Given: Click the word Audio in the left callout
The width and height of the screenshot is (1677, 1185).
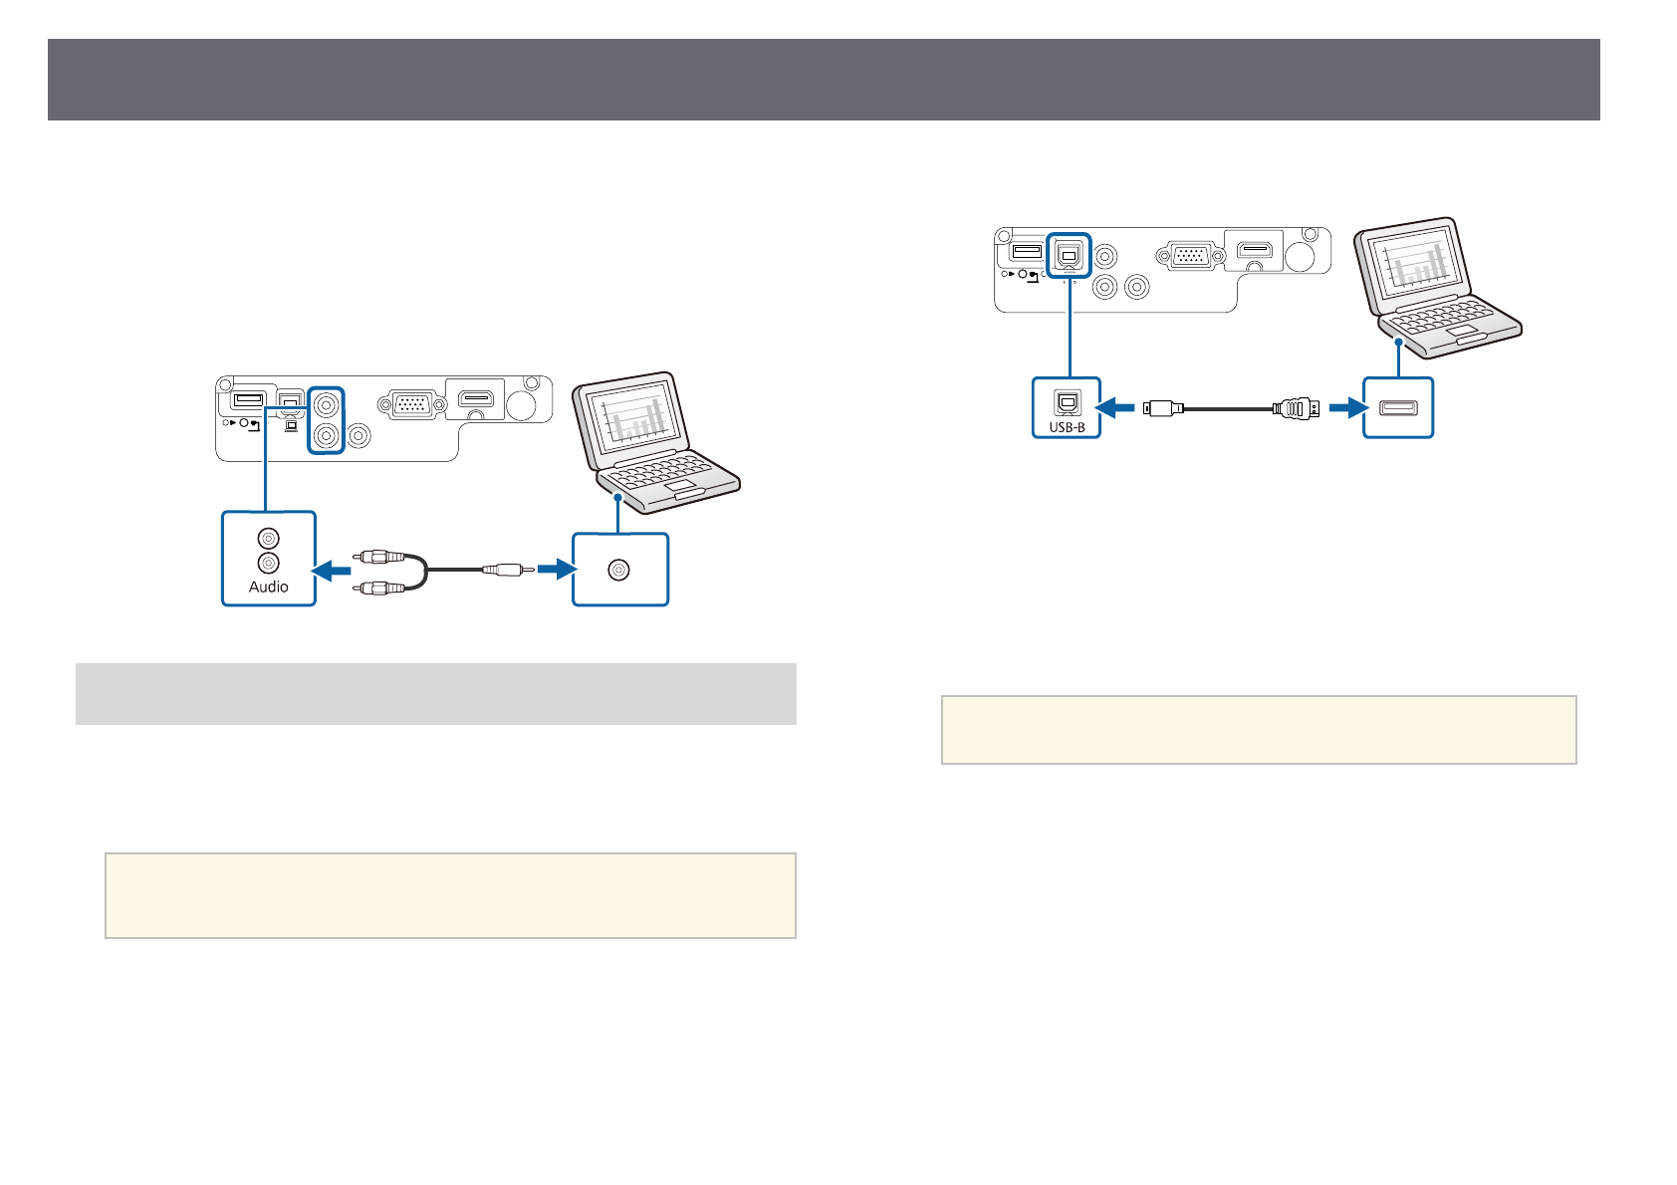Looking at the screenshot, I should point(269,587).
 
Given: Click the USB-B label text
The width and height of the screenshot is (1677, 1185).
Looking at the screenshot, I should point(1067,427).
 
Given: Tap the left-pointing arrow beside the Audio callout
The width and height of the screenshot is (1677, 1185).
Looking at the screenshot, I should point(332,570).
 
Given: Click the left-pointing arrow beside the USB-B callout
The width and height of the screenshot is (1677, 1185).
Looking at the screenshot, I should point(1115,407).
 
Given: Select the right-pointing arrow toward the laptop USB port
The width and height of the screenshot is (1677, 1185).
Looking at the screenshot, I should point(1346,407).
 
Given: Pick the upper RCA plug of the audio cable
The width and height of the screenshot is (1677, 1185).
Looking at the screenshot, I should point(379,557).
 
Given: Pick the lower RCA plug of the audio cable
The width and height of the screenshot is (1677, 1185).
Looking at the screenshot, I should point(379,588).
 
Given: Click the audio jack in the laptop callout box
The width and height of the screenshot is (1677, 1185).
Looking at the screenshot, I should point(619,570).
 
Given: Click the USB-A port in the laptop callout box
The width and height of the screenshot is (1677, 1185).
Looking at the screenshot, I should point(1398,407).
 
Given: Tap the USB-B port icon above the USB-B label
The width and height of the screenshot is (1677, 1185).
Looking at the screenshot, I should point(1067,403).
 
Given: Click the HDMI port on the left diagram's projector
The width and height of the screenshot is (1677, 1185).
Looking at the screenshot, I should point(476,400).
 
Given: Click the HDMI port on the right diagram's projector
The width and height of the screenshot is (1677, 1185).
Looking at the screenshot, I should point(1255,251).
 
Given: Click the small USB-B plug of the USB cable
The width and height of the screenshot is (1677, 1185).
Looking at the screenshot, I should point(1163,407).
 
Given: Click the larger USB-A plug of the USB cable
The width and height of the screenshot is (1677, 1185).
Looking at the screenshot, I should point(1296,407).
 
